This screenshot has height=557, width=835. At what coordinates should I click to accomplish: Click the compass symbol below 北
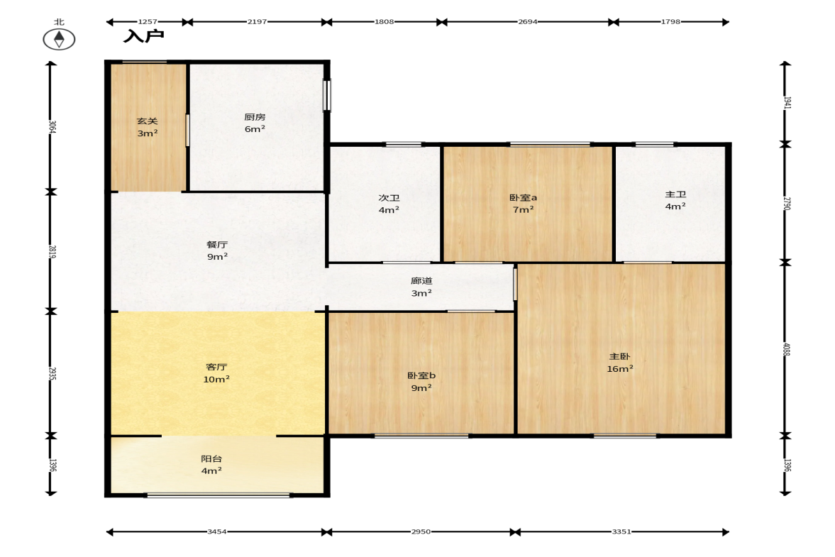click(x=59, y=40)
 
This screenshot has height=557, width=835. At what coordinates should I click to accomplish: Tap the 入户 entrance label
click(x=144, y=36)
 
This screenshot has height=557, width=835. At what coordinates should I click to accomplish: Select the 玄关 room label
click(x=148, y=127)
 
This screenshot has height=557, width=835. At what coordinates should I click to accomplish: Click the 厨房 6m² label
click(x=255, y=123)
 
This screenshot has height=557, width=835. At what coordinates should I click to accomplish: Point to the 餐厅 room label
click(x=217, y=250)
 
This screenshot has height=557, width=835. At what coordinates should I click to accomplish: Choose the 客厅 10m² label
click(x=216, y=373)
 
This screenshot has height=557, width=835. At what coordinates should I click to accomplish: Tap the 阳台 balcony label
click(x=211, y=465)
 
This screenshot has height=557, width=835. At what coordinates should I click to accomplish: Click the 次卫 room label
click(x=389, y=204)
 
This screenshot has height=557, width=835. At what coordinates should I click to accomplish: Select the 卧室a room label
click(x=524, y=204)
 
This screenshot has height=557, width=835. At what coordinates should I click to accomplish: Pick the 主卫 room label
click(x=676, y=200)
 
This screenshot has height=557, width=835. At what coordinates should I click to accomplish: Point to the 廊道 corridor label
click(x=422, y=287)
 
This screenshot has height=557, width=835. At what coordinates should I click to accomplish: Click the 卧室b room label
click(x=422, y=382)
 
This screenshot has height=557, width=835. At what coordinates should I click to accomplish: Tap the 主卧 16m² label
click(x=620, y=363)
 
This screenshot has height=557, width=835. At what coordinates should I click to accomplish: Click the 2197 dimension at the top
click(x=258, y=22)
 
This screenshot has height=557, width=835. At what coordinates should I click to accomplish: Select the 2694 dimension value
click(x=528, y=22)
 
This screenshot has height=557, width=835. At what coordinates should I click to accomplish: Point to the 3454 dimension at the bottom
click(x=217, y=531)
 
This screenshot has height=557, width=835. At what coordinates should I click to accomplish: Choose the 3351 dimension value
click(x=621, y=531)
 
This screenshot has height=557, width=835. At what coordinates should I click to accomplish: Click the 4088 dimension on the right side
click(x=787, y=349)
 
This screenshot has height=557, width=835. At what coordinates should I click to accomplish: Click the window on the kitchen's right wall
click(x=327, y=96)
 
